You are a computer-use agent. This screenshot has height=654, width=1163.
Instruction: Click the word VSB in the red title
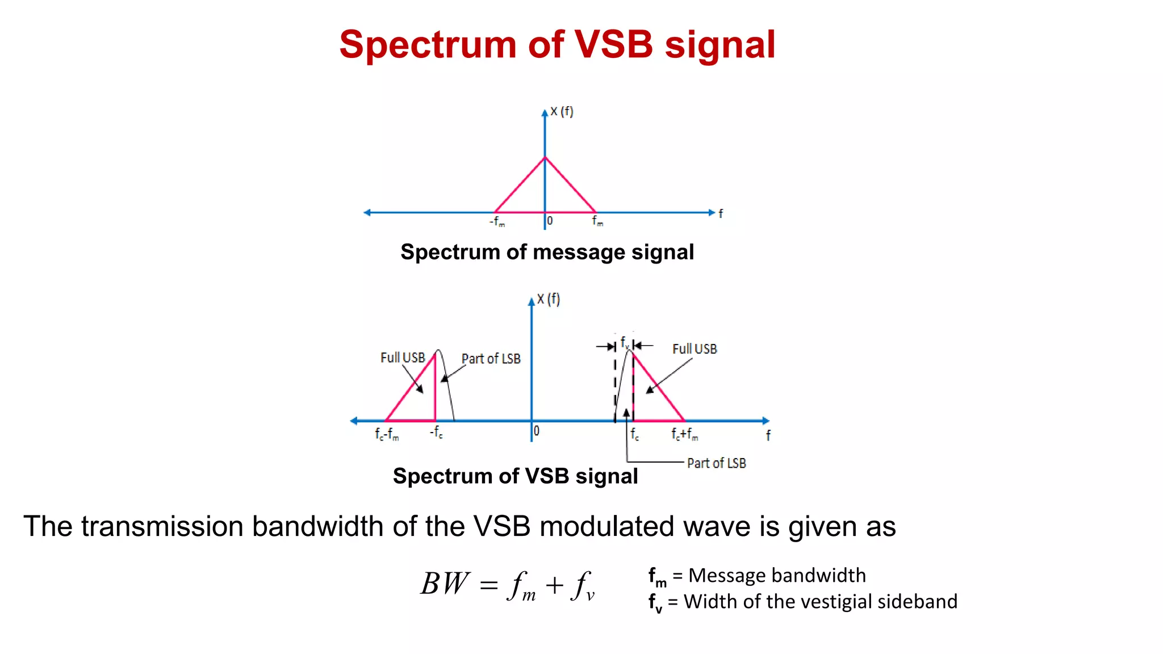(613, 44)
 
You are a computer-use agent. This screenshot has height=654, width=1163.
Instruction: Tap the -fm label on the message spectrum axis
(497, 221)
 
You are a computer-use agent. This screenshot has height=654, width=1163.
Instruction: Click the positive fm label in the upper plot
(597, 220)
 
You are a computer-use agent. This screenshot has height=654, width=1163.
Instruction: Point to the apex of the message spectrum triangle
(545, 157)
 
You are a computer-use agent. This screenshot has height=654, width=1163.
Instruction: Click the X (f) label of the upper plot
(562, 111)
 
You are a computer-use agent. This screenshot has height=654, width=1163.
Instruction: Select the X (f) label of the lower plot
(548, 299)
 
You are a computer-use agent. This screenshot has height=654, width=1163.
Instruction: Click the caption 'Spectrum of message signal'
(547, 252)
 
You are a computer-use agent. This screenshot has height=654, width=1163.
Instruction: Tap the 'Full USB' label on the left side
(403, 358)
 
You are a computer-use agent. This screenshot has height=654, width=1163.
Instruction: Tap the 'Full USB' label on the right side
(695, 349)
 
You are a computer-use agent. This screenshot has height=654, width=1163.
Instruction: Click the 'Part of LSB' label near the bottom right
(716, 463)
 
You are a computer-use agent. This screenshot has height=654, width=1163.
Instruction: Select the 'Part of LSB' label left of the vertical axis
(491, 359)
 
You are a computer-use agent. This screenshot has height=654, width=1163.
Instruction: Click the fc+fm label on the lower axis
(684, 434)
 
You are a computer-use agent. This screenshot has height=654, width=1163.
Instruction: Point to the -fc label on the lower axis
(436, 433)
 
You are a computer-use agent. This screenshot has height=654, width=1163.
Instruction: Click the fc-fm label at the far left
(387, 434)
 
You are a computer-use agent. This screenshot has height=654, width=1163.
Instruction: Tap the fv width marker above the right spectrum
(624, 342)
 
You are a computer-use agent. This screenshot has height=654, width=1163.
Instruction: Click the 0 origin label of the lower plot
(537, 431)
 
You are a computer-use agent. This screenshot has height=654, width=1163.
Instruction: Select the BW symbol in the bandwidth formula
(445, 584)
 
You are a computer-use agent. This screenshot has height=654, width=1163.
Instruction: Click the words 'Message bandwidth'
(777, 576)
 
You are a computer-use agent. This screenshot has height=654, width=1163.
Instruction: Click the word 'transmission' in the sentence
(162, 526)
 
